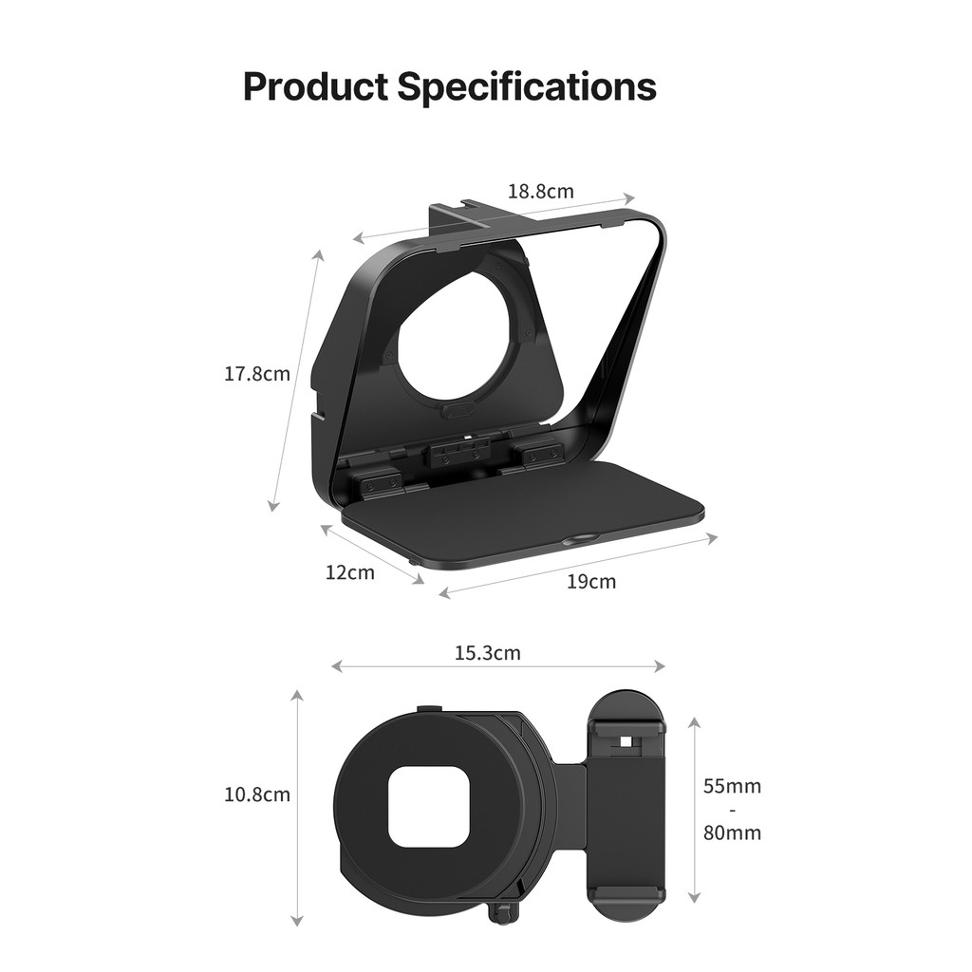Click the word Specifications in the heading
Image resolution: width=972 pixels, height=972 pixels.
coord(526,86)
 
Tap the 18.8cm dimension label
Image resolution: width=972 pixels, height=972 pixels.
coord(540,191)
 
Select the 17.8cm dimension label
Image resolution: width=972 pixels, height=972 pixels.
coord(257,374)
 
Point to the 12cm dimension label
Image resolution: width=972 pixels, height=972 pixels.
coord(350,572)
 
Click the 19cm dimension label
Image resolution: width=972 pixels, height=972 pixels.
coord(591,582)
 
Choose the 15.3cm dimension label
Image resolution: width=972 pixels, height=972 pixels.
coord(487,653)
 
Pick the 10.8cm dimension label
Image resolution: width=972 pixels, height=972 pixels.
coord(257,794)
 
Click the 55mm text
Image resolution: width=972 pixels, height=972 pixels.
coord(732,786)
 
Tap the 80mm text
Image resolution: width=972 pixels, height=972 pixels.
coord(732,833)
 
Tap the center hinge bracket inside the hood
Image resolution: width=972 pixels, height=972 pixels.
coord(460,453)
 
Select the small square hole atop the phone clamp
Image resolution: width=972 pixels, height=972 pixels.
coord(625,740)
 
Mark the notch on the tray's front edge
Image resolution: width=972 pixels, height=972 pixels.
coord(578,540)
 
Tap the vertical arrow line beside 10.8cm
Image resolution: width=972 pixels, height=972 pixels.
coord(297,807)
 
